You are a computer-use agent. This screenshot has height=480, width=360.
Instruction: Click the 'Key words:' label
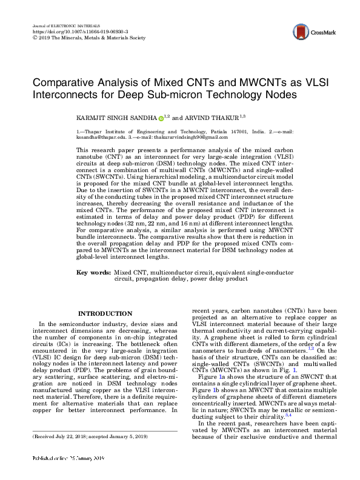pyautogui.click(x=93, y=273)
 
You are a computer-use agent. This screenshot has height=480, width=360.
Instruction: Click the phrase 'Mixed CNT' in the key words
pyautogui.click(x=130, y=273)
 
